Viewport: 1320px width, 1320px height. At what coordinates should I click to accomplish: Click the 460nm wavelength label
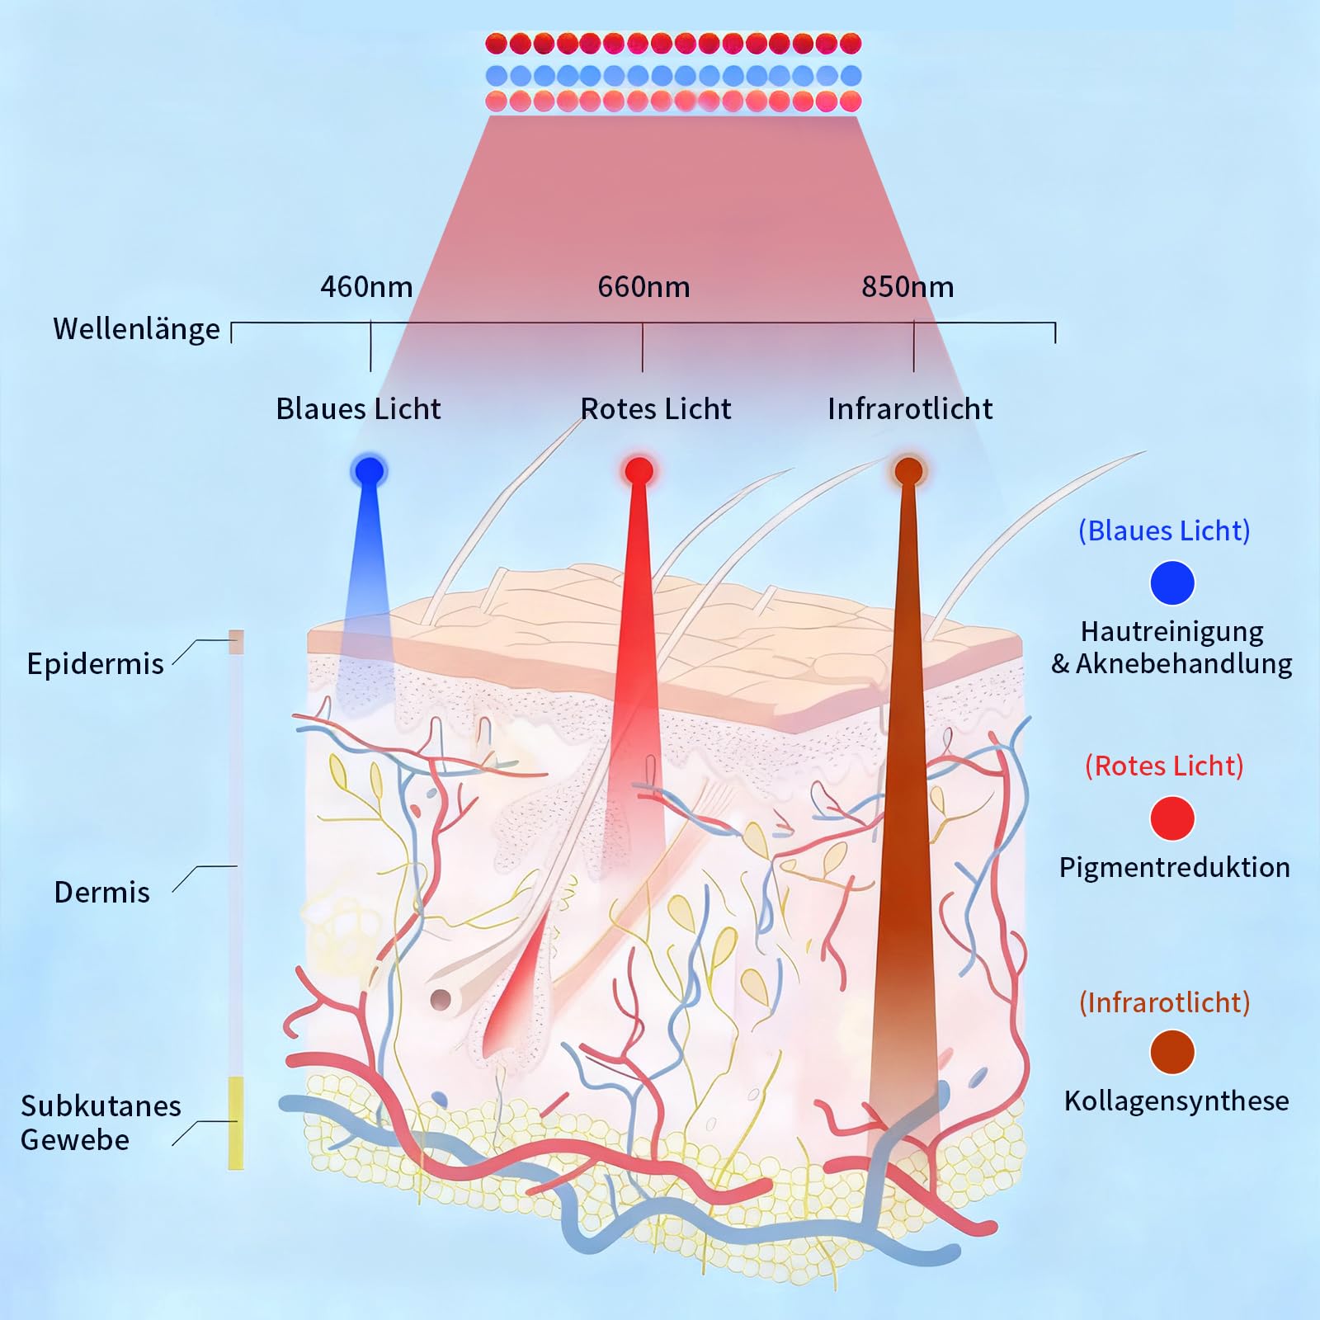[366, 287]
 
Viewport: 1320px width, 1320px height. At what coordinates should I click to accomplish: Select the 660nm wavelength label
[643, 287]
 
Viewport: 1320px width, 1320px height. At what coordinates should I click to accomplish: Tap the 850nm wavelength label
[907, 287]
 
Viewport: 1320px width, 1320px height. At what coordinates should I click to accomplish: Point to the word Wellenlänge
[137, 329]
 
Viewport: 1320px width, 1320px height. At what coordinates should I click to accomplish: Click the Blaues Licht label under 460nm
[358, 409]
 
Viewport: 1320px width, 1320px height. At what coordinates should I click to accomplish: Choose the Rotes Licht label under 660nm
[656, 409]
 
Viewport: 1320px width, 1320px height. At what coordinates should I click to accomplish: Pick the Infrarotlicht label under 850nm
[910, 409]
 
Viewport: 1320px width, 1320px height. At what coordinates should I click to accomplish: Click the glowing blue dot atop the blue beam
[369, 471]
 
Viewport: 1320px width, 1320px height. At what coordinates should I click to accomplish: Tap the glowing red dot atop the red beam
[639, 471]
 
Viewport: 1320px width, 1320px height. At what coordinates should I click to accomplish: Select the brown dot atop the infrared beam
[908, 471]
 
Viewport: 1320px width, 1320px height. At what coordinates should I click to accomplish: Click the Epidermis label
[95, 664]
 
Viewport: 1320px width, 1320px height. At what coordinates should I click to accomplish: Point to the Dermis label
[101, 893]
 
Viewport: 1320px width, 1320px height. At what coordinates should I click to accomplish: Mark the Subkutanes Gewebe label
[101, 1123]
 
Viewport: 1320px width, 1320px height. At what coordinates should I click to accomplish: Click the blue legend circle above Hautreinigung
[1172, 582]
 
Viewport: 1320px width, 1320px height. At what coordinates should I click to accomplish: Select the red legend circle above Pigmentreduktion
[1172, 818]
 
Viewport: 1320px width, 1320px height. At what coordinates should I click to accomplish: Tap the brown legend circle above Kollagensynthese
[1172, 1053]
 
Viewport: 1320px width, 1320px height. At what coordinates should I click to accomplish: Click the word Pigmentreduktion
[1175, 868]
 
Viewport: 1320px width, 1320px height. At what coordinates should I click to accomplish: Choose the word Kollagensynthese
[1176, 1101]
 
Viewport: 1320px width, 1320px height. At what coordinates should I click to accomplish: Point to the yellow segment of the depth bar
[236, 1123]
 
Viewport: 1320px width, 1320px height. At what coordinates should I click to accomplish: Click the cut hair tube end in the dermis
[441, 1000]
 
